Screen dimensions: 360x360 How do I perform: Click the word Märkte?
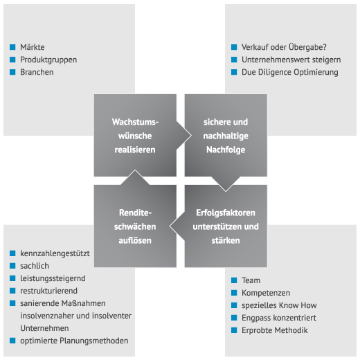[x=33, y=47]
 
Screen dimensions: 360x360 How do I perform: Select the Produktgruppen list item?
[x=48, y=60]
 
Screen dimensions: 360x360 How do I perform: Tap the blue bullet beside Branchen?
[x=12, y=72]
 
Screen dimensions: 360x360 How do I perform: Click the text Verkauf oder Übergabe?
[x=284, y=47]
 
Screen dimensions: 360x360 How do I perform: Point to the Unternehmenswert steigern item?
[x=291, y=60]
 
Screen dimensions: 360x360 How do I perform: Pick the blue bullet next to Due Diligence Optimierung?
[x=234, y=72]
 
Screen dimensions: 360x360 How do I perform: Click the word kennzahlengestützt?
[x=55, y=253]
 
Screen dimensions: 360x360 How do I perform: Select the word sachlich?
[x=35, y=266]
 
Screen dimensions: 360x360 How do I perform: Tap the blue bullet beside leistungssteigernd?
[x=12, y=278]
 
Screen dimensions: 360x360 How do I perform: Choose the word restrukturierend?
[x=48, y=291]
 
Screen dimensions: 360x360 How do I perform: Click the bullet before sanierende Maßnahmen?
[x=12, y=303]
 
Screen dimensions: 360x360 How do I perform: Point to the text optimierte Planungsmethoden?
[x=74, y=341]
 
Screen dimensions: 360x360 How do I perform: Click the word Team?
[x=251, y=280]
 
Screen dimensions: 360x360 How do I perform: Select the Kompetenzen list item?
[x=266, y=293]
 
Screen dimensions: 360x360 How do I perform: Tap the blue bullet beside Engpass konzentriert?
[x=234, y=318]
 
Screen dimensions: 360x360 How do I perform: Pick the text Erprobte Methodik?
[x=275, y=330]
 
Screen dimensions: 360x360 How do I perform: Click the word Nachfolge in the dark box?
[x=226, y=150]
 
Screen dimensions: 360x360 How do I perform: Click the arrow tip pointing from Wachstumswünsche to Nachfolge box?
[x=191, y=136]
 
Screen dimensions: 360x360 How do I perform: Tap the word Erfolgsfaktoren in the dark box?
[x=226, y=213]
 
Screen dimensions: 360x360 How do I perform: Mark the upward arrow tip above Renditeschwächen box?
[x=135, y=170]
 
